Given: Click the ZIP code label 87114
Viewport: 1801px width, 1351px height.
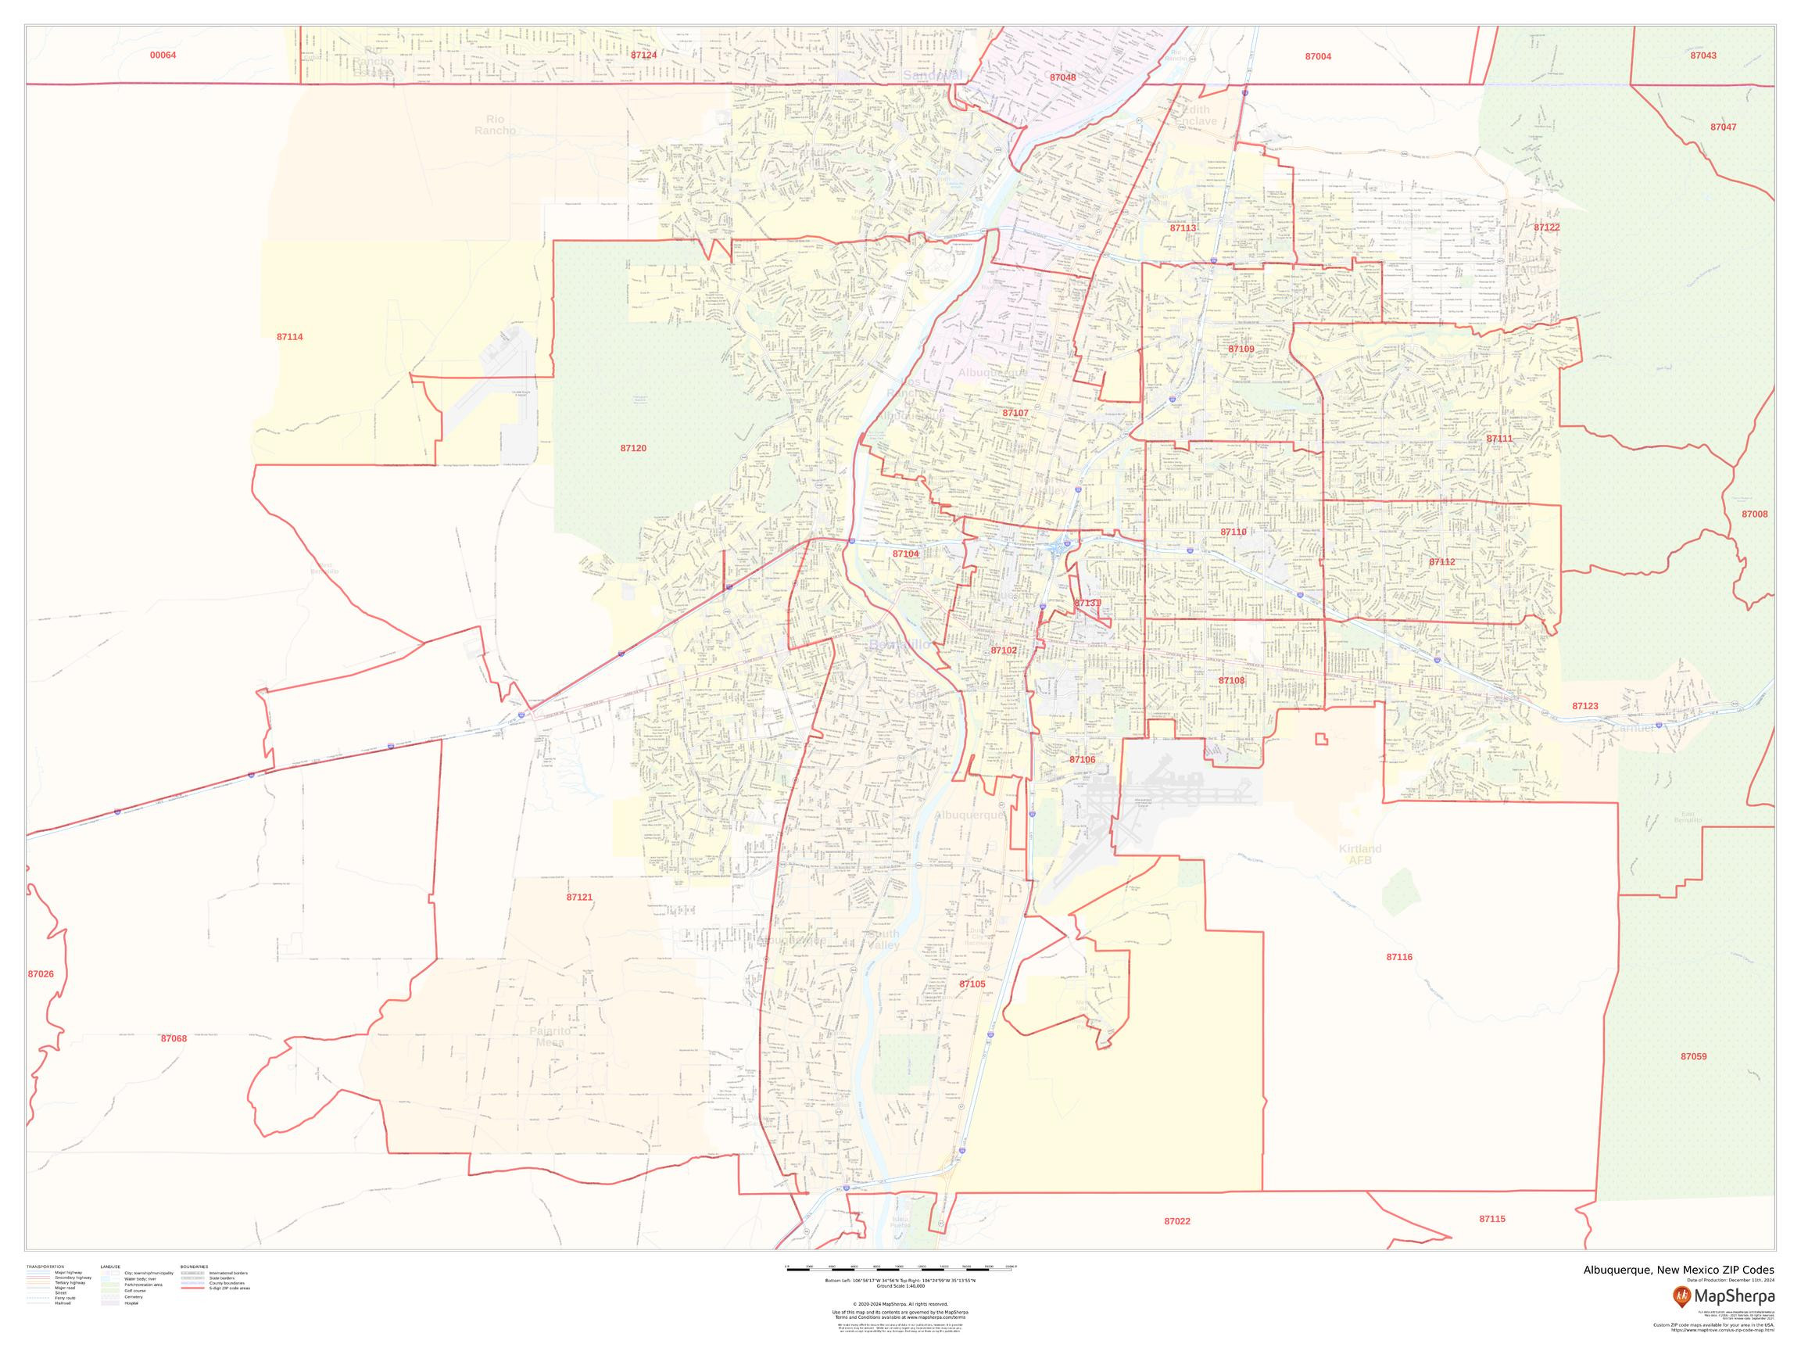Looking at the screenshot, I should (289, 337).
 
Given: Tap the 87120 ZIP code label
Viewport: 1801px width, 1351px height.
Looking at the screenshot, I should (632, 449).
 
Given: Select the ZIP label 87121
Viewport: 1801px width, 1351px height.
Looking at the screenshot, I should (579, 898).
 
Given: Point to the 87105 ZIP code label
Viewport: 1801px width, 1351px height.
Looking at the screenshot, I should (972, 984).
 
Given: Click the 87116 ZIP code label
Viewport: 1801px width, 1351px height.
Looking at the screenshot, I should (1398, 958).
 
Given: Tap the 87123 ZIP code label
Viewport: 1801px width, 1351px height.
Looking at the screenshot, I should (1584, 707).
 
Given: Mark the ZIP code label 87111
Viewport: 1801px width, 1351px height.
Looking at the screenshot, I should (1499, 439).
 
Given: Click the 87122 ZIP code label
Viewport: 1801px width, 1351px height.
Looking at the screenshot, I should (1546, 228).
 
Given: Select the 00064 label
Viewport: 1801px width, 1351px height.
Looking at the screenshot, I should (163, 56).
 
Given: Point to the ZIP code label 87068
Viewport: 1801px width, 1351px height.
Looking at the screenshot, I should (174, 1039).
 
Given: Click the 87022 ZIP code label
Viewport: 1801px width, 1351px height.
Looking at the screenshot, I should (1176, 1221).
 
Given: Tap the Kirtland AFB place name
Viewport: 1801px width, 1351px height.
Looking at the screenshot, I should (1359, 855).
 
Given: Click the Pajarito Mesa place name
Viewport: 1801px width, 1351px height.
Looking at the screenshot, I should (550, 1037).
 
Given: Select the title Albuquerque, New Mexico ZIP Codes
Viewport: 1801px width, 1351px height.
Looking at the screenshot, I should (1678, 1270).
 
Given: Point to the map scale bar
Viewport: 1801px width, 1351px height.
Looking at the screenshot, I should (900, 1267).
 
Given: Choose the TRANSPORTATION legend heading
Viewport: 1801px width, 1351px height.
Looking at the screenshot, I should (45, 1267).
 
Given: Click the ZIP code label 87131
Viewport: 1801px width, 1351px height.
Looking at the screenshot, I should (1087, 604).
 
